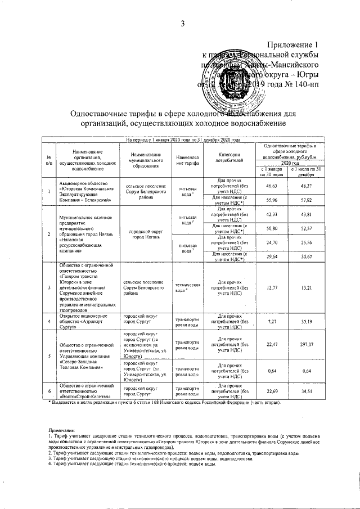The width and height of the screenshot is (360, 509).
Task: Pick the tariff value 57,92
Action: coord(306,200)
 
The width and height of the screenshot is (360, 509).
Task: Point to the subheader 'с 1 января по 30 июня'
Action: coord(272,172)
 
